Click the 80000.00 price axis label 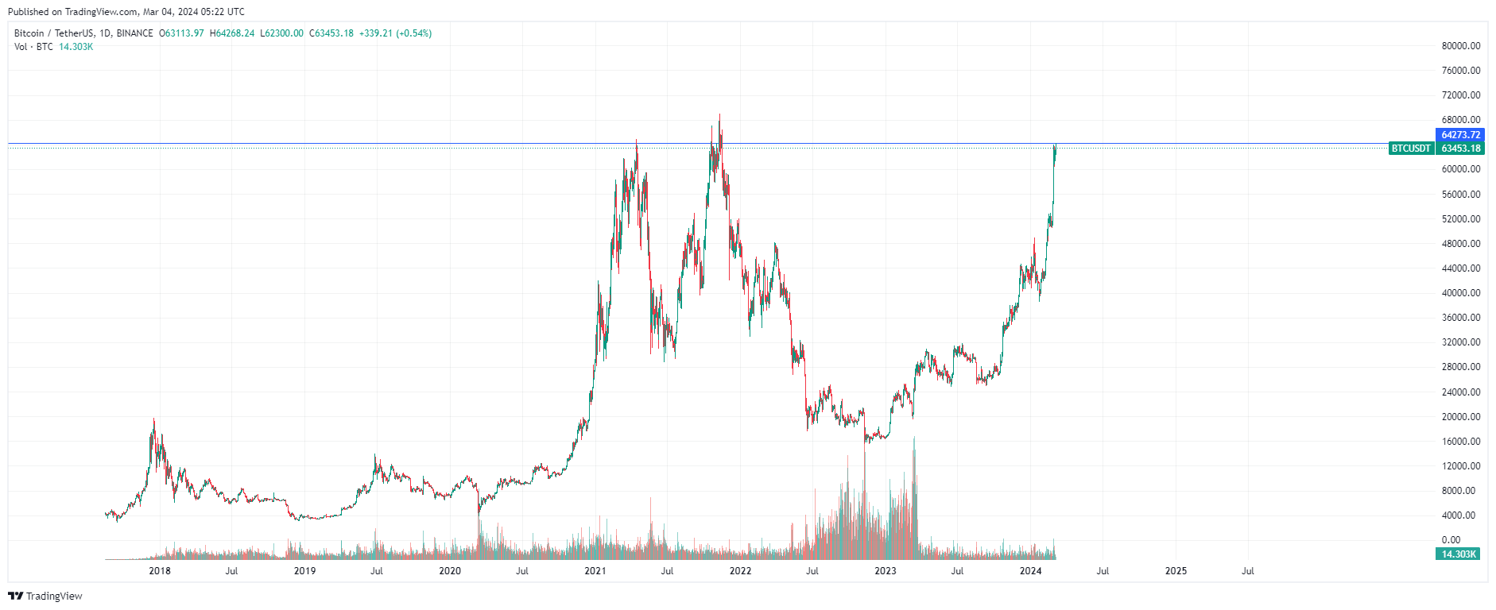[x=1461, y=46]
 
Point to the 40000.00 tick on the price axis [x=1461, y=293]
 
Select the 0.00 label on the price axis [x=1451, y=540]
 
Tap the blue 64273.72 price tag [x=1460, y=135]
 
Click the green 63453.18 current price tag [x=1460, y=149]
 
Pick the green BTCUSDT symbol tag [x=1411, y=149]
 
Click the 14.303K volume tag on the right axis [x=1459, y=554]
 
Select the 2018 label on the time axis [x=160, y=571]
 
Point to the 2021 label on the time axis [x=595, y=571]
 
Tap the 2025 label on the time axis [x=1176, y=571]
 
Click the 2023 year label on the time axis [x=885, y=571]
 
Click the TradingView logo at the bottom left [x=45, y=596]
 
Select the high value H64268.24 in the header [x=232, y=33]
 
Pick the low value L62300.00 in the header [x=282, y=33]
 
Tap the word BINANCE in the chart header [x=134, y=33]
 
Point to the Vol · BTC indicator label [x=33, y=47]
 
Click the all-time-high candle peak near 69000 [x=719, y=115]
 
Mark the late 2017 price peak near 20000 [x=154, y=420]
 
